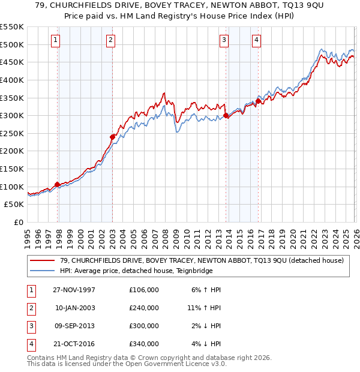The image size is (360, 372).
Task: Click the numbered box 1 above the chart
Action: (55, 40)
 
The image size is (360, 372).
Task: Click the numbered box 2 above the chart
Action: (112, 40)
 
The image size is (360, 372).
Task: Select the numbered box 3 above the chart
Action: (224, 40)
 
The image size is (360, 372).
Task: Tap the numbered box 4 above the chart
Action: (256, 40)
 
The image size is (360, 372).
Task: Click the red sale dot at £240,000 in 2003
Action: (112, 137)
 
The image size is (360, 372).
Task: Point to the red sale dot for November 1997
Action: (58, 184)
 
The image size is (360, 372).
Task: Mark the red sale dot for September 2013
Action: (226, 116)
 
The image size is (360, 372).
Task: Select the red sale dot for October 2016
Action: (259, 101)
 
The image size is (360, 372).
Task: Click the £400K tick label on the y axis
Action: (13, 80)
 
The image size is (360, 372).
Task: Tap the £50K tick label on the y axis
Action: (15, 205)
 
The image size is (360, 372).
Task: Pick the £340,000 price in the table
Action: (144, 344)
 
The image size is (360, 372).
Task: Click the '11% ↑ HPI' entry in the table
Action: (204, 308)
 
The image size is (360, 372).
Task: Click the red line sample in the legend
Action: (43, 260)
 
